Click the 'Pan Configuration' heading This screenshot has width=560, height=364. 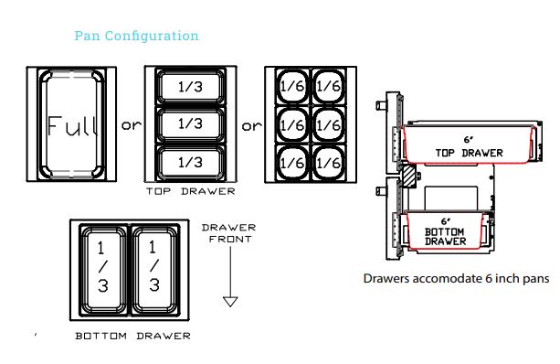click(x=136, y=36)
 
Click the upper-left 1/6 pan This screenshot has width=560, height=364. click(x=292, y=86)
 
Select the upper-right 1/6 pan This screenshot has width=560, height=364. click(x=327, y=86)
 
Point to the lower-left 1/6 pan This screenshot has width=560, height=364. click(x=292, y=162)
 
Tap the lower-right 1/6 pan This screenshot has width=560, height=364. click(x=327, y=162)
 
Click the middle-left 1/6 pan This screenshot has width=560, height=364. click(x=292, y=123)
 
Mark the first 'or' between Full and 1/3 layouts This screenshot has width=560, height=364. click(x=132, y=125)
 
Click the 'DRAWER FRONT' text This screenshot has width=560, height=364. click(x=229, y=233)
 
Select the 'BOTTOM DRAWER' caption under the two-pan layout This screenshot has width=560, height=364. click(x=132, y=337)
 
